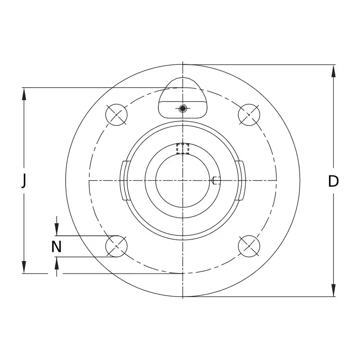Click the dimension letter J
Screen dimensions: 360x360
[x=24, y=181]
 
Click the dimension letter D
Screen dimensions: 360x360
[x=333, y=181]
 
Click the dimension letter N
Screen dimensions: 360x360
[x=56, y=247]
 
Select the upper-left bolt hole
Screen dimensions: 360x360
[x=117, y=115]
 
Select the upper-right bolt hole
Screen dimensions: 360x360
[x=249, y=115]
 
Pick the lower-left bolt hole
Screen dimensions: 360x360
[x=117, y=246]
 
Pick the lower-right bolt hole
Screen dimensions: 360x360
[x=249, y=246]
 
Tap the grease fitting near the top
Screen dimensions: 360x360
[x=183, y=108]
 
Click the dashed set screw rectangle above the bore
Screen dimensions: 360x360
[x=183, y=148]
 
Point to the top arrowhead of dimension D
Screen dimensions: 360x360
[x=333, y=71]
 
